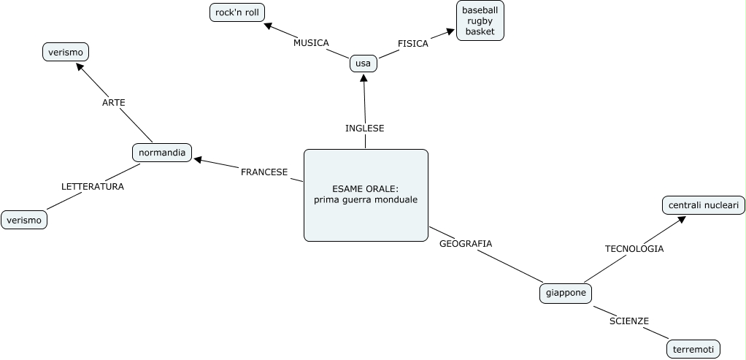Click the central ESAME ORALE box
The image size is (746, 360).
tap(366, 195)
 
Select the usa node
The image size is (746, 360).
tap(363, 64)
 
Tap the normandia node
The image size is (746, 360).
tap(162, 153)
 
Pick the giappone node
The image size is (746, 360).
tap(566, 293)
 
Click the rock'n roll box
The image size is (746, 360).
tap(237, 12)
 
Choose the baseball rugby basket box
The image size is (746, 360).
tap(480, 20)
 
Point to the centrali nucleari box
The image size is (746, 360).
tap(704, 205)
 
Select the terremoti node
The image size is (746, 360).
tap(693, 349)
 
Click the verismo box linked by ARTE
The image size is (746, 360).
tap(66, 52)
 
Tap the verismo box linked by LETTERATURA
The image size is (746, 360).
tap(24, 220)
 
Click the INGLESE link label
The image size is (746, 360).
tap(364, 128)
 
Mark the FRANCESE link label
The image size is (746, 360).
tap(264, 172)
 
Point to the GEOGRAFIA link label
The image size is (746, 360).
tap(466, 243)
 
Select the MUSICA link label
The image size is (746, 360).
tap(311, 42)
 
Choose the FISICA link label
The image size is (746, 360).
tap(413, 43)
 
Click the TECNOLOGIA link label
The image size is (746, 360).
tap(634, 248)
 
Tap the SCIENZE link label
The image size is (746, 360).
tap(629, 321)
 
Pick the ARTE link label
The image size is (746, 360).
tap(114, 102)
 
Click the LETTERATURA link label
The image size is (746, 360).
tap(93, 186)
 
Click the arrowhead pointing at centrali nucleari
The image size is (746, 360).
tap(682, 218)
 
